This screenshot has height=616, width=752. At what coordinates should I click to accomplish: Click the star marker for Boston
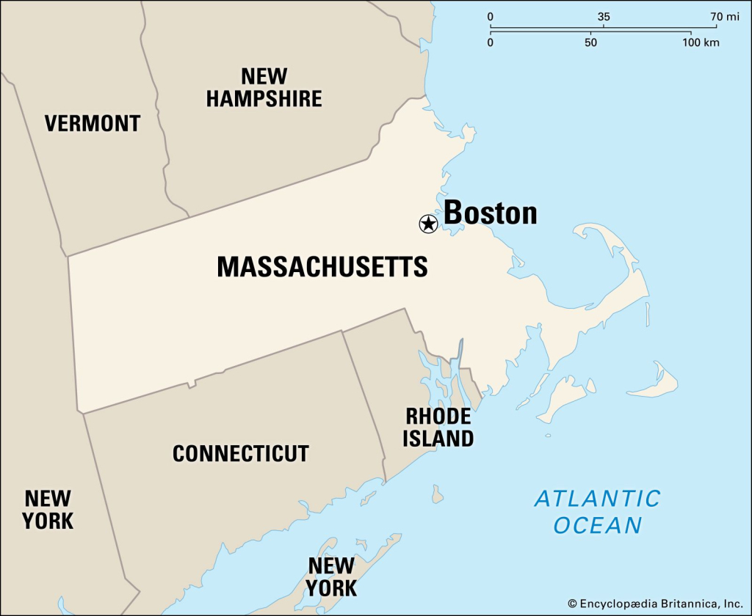coord(428,224)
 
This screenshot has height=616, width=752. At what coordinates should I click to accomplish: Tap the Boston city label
coord(491,213)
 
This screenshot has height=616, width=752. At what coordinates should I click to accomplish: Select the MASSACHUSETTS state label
coord(322,267)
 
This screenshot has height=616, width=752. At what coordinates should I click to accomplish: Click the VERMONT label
coord(93,123)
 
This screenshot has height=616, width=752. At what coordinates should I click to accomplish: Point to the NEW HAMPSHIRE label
coord(264,87)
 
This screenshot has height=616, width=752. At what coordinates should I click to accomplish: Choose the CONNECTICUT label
coord(241,453)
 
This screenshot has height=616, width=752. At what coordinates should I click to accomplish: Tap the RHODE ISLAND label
coord(439,428)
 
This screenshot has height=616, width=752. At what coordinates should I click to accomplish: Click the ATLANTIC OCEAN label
coord(598,512)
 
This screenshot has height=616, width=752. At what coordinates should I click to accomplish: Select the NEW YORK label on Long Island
coord(332,576)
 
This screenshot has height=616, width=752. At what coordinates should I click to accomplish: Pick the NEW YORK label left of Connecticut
coord(48,510)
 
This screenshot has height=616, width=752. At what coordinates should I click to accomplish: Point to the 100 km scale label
coord(701,43)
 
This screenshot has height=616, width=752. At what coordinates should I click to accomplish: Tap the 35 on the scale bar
coord(604,16)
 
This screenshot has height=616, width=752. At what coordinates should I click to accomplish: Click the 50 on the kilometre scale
coord(591,43)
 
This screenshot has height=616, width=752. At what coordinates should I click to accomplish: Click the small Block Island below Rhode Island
coord(438,495)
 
